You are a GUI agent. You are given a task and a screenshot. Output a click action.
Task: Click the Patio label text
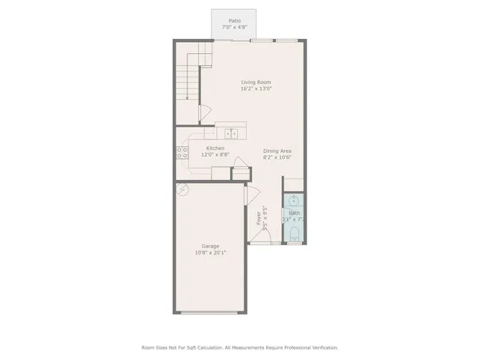(234, 20)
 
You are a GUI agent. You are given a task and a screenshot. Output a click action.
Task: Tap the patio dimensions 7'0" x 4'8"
(234, 27)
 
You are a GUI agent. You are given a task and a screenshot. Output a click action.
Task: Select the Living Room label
(256, 82)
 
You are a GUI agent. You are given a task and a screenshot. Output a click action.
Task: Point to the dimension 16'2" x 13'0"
(256, 88)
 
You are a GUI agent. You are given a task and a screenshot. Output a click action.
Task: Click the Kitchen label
(215, 148)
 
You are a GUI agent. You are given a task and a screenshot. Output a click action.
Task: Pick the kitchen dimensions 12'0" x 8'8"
(215, 154)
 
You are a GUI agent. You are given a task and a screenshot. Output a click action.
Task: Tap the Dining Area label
(277, 151)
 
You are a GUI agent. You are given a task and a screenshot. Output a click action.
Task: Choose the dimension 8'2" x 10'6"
(277, 157)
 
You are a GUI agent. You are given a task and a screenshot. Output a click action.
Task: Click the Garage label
(210, 246)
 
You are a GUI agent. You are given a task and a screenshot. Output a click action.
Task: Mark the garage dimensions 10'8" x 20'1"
(210, 253)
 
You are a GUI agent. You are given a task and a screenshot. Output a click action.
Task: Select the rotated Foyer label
(259, 218)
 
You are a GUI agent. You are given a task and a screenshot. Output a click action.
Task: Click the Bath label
(294, 213)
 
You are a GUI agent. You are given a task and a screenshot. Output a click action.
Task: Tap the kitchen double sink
(232, 133)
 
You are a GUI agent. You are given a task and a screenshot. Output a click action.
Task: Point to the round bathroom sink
(294, 201)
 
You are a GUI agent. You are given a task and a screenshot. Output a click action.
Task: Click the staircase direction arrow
(201, 112)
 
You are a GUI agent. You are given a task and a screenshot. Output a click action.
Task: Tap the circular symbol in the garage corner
(183, 189)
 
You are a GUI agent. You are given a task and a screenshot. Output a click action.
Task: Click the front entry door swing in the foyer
(252, 196)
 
